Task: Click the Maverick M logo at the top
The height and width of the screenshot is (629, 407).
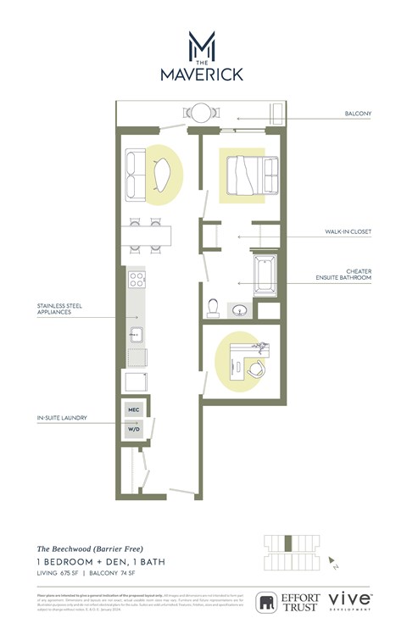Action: click(202, 44)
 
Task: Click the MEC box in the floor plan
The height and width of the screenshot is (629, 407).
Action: click(133, 409)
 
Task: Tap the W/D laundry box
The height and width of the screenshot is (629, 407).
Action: click(133, 428)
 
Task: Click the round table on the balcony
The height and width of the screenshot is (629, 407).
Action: click(203, 112)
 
